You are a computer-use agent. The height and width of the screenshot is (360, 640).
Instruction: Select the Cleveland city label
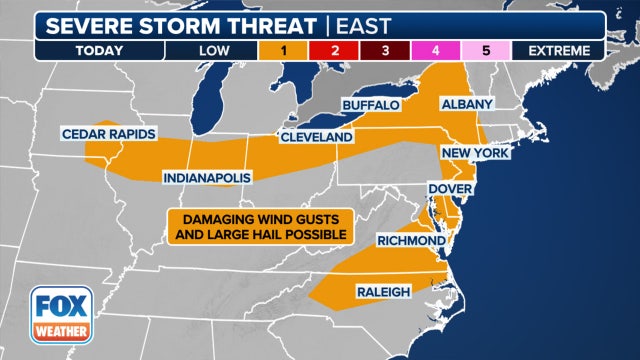click(316, 136)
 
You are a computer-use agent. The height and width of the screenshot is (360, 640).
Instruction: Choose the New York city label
click(475, 152)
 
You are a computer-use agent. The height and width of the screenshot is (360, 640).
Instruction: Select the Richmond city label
click(410, 241)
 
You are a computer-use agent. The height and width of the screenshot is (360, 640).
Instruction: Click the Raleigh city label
click(382, 292)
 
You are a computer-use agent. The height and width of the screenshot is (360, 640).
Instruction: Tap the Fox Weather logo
click(59, 313)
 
